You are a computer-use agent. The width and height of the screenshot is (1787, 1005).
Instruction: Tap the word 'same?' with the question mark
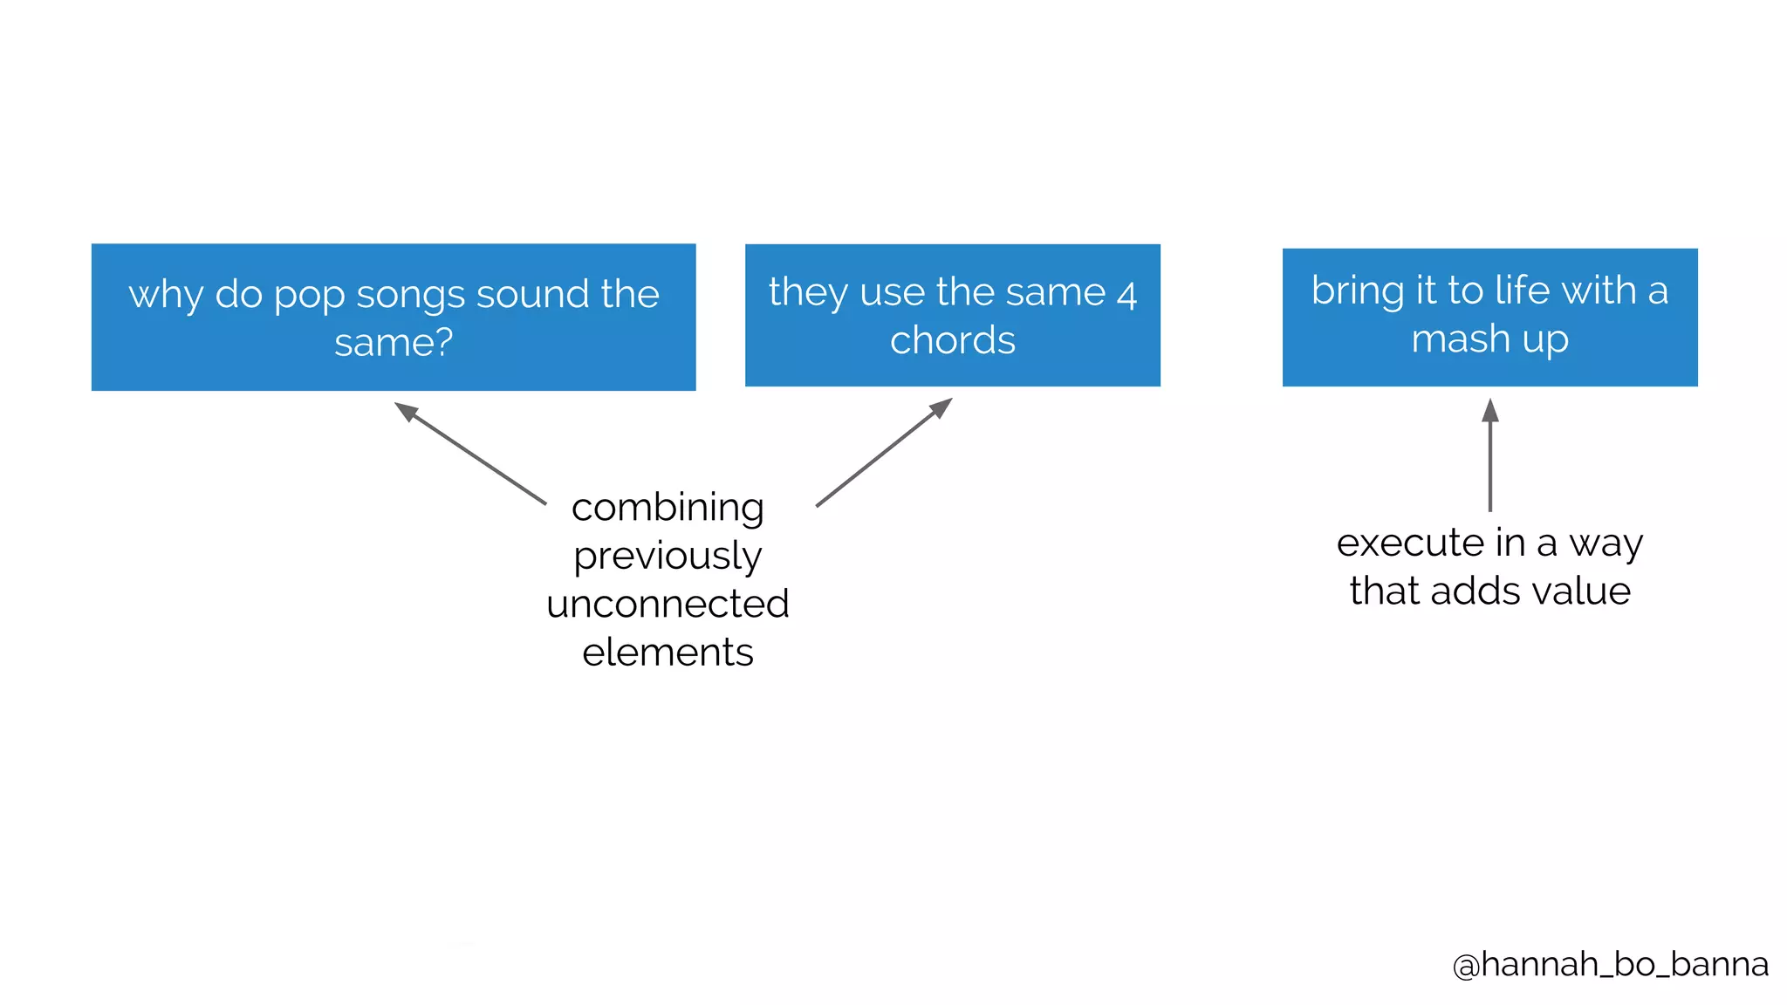(394, 342)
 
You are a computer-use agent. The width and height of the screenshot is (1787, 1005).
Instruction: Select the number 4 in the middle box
(1126, 294)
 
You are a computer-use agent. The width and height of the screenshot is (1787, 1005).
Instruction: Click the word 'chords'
(953, 340)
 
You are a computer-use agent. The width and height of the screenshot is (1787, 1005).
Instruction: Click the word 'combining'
(668, 508)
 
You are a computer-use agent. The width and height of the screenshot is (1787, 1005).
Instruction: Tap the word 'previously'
(668, 557)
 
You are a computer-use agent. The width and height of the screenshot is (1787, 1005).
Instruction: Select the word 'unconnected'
(668, 604)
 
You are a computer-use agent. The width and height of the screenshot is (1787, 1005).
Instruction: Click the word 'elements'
(668, 653)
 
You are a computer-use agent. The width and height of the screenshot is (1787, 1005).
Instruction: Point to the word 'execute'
(1411, 543)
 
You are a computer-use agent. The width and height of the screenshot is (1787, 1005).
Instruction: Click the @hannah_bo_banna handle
(1610, 964)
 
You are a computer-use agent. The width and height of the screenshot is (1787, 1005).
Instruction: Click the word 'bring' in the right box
(1358, 291)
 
